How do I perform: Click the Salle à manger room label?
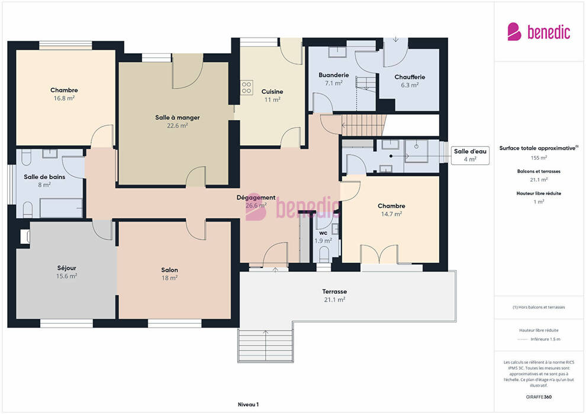(x=178, y=118)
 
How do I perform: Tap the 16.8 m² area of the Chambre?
(x=64, y=98)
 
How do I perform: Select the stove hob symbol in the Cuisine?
(x=246, y=88)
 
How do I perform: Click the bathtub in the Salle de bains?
(x=62, y=208)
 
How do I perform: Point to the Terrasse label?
(x=334, y=292)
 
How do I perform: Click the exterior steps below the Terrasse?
(x=265, y=345)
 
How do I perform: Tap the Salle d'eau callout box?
(x=470, y=156)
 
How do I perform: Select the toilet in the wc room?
(x=324, y=254)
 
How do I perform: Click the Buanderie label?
(x=334, y=75)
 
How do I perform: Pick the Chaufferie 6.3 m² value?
(x=410, y=85)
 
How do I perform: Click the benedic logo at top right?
(x=539, y=32)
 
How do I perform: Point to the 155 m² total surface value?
(x=539, y=158)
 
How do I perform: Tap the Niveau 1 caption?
(x=248, y=405)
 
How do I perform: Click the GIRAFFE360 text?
(x=539, y=397)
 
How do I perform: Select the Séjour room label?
(x=66, y=268)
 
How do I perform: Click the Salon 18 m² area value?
(x=169, y=278)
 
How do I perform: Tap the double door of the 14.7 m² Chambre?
(x=379, y=254)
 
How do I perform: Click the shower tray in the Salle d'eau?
(x=416, y=151)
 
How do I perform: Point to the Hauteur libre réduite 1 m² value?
(x=539, y=202)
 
